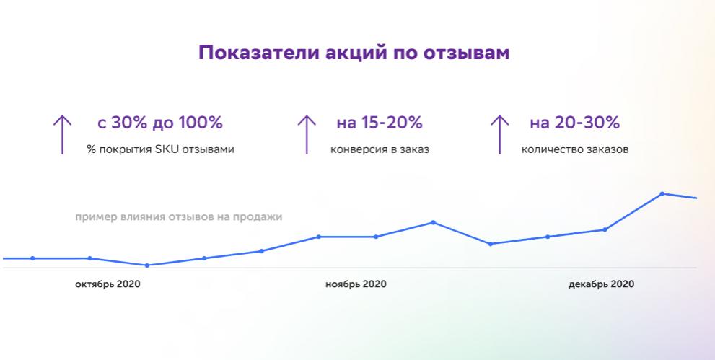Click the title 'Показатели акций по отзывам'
354,53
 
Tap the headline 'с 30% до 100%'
159,123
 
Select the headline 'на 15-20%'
380,123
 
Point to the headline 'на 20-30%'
574,123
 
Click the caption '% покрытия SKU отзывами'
159,150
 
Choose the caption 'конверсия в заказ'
380,150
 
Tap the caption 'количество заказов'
574,150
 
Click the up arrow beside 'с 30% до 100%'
62,133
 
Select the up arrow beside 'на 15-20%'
307,133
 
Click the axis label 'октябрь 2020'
108,284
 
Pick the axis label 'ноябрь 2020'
356,284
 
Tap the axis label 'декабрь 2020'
601,284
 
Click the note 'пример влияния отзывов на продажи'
178,216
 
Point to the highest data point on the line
662,193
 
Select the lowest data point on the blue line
147,265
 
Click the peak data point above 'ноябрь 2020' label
433,222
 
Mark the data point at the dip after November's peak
491,244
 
